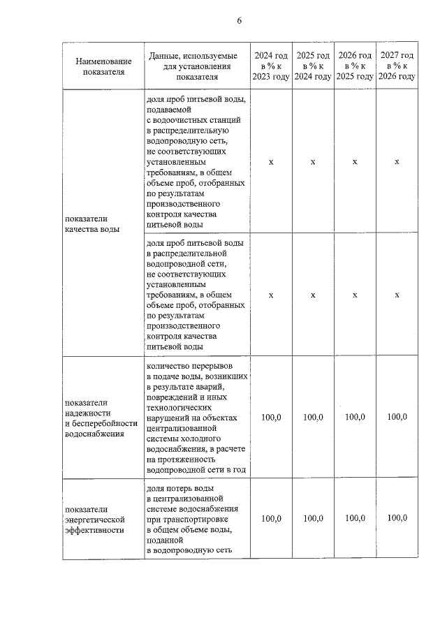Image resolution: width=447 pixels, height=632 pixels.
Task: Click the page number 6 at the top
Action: point(239,20)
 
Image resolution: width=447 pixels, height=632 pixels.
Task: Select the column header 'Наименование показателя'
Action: point(103,66)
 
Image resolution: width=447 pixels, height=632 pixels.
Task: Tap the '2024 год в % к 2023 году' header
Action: point(271,66)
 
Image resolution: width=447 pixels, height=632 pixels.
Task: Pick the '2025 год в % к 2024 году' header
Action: point(313,66)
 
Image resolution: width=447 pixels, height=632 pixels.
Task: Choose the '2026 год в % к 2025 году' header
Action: point(355,66)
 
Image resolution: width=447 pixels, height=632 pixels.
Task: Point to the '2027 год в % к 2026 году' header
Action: point(397,66)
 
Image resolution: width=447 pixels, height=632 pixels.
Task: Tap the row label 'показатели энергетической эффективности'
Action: point(94,520)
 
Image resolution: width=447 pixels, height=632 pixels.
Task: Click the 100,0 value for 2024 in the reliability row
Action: point(271,417)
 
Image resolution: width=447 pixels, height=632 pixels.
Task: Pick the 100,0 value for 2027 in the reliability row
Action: point(397,417)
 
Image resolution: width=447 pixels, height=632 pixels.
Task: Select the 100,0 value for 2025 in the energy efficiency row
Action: point(313,518)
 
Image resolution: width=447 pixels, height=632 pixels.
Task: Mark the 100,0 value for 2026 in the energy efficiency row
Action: point(355,518)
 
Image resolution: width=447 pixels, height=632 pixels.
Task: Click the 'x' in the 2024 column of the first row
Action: point(271,162)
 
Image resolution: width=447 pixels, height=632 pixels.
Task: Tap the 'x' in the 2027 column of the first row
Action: point(397,162)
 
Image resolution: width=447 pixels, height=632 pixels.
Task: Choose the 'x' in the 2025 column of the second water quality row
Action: point(313,295)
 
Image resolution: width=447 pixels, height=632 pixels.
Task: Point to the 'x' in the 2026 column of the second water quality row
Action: point(355,295)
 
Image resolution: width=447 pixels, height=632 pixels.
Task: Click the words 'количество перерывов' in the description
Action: point(187,365)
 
